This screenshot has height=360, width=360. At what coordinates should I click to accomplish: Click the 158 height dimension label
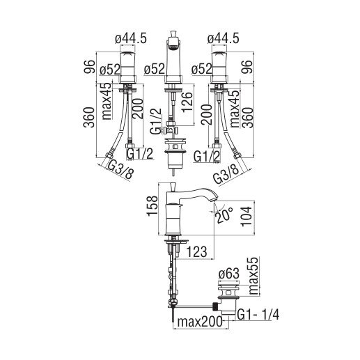click(152, 205)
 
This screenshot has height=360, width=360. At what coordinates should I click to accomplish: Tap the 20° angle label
click(224, 215)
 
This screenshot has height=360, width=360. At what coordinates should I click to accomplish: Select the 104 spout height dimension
click(246, 216)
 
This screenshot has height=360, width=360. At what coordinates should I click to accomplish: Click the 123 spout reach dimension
click(196, 252)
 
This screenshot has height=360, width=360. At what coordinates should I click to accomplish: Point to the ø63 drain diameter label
click(228, 274)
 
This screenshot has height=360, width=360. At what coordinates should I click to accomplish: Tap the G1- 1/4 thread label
click(258, 315)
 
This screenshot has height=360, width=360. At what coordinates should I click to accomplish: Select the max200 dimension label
click(200, 322)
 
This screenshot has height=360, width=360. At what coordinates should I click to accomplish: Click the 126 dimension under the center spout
click(187, 102)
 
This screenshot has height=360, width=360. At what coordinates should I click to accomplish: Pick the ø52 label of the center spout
click(155, 69)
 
